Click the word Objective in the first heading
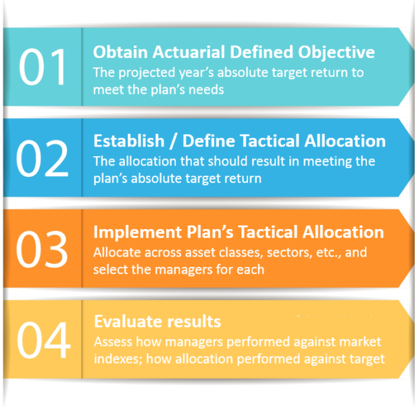(339, 52)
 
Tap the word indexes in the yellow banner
(116, 359)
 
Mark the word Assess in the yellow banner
(112, 341)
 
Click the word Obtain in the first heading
(115, 52)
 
